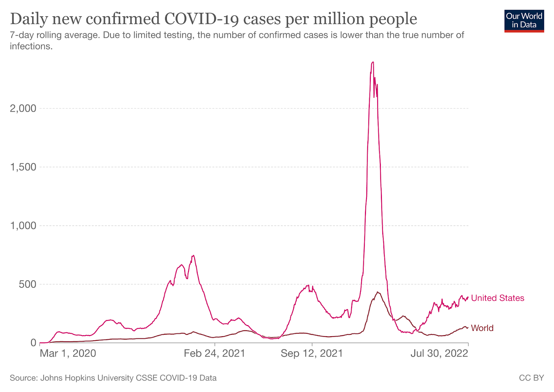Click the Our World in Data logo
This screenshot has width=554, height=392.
tap(524, 21)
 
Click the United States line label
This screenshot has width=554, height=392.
tap(498, 298)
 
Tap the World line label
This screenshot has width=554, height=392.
tap(482, 328)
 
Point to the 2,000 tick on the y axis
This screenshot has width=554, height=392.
tap(23, 109)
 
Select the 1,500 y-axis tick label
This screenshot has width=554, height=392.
tap(23, 167)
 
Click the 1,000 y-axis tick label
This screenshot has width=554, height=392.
tap(23, 226)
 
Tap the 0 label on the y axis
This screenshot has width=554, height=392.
tap(33, 343)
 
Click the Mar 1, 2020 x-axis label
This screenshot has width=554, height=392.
tap(68, 353)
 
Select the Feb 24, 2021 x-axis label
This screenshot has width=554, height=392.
tap(214, 353)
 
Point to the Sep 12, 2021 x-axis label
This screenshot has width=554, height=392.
tap(312, 353)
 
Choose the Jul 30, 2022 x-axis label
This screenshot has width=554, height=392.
tap(439, 353)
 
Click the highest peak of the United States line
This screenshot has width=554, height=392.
tap(373, 62)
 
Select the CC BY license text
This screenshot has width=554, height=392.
tap(531, 378)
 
